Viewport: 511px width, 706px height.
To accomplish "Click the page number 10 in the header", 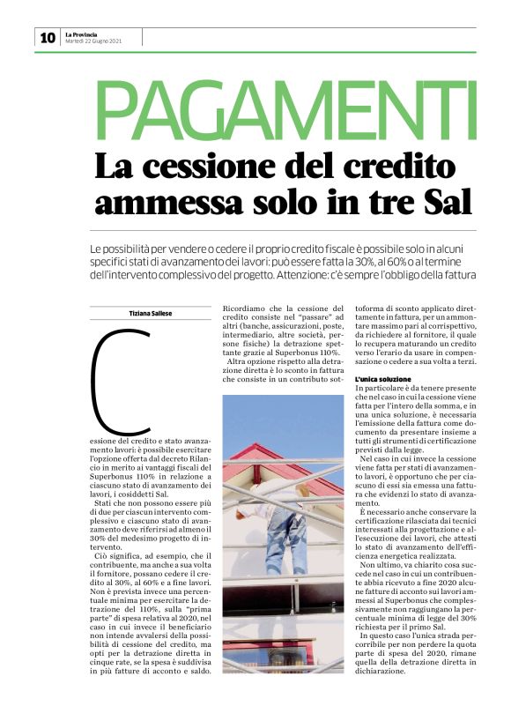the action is [x=48, y=37].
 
